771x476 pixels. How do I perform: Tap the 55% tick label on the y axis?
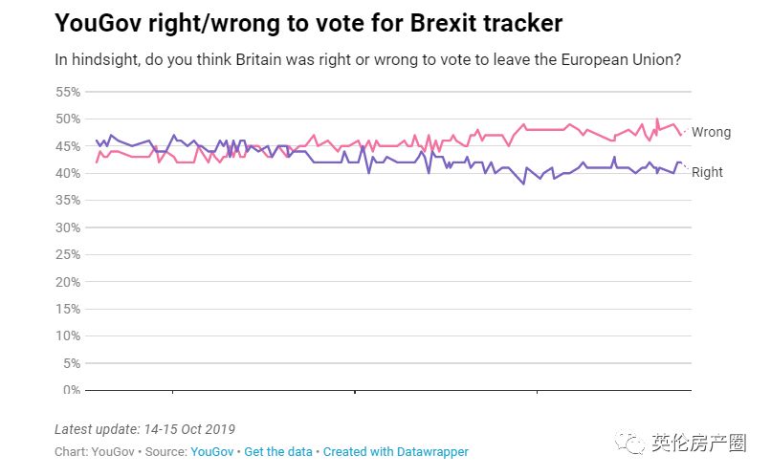click(x=69, y=92)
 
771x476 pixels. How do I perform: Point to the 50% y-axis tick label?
click(x=69, y=119)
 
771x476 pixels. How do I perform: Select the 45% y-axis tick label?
click(x=69, y=146)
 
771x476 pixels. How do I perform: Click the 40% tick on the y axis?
click(x=69, y=173)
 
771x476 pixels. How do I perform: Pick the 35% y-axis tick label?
click(x=69, y=201)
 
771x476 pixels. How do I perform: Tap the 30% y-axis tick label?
click(x=69, y=227)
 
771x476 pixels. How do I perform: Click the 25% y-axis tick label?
click(x=69, y=255)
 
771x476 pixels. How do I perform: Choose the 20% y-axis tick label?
click(x=69, y=282)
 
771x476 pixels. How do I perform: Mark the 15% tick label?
click(x=69, y=310)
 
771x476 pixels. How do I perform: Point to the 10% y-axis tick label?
click(x=69, y=336)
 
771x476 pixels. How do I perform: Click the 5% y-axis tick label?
click(x=72, y=363)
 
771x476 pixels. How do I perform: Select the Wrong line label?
click(x=711, y=132)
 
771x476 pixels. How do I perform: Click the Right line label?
click(x=707, y=172)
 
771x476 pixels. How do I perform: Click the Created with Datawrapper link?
click(x=396, y=451)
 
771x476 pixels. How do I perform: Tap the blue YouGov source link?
click(x=211, y=451)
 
